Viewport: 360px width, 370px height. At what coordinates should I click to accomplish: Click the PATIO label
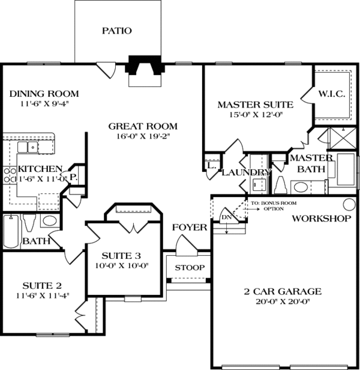[116, 31]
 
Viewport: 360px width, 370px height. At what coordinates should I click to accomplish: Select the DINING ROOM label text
[44, 94]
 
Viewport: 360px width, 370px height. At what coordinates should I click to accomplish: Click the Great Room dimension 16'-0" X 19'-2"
[143, 138]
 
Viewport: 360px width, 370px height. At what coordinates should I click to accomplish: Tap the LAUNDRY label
[246, 173]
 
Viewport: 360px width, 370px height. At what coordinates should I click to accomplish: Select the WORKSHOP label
[321, 219]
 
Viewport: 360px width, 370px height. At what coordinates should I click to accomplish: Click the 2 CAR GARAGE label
[282, 292]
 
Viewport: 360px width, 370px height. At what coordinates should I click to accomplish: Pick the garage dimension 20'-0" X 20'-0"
[282, 302]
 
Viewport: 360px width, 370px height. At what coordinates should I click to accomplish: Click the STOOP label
[189, 267]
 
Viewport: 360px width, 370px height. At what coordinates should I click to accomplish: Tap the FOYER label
[189, 228]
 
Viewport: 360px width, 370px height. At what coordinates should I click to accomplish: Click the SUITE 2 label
[42, 285]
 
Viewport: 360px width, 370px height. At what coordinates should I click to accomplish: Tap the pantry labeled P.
[73, 178]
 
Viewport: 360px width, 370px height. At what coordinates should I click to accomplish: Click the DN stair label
[226, 217]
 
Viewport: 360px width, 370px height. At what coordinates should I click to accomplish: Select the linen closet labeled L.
[211, 165]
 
